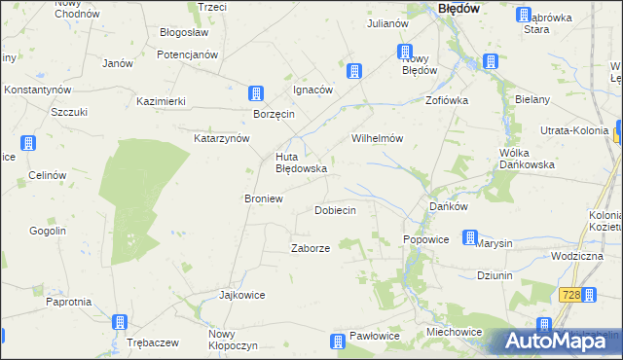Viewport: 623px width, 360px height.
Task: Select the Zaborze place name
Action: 311,248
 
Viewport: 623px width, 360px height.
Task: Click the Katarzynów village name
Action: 222,138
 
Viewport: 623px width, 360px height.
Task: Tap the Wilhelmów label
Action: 378,138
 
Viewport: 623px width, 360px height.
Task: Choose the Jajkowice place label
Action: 242,295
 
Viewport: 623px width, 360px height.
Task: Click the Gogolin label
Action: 47,231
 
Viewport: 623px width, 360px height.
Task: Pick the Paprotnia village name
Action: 68,302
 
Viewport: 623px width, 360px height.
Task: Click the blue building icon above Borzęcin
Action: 255,94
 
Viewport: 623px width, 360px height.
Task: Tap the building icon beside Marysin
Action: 470,236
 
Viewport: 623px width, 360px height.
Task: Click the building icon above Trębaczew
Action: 120,322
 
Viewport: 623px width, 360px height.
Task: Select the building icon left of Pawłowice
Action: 337,341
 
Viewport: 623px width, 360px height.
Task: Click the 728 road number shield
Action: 571,295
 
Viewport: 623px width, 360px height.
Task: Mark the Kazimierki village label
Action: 162,101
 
